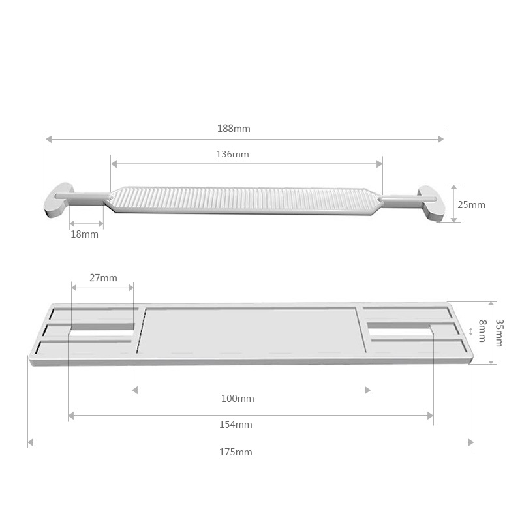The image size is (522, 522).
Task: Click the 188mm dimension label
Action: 234,129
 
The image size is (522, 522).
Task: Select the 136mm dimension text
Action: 232,154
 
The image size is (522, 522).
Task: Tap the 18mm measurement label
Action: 85,234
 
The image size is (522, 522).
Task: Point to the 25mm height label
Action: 471,205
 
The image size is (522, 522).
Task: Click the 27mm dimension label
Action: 103,278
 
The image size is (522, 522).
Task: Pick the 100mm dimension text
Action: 238,399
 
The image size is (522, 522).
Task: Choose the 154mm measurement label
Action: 236,425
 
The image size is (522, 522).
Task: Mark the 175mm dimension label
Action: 236,452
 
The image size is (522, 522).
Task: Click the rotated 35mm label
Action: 499,333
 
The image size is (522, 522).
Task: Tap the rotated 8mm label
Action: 482,331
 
